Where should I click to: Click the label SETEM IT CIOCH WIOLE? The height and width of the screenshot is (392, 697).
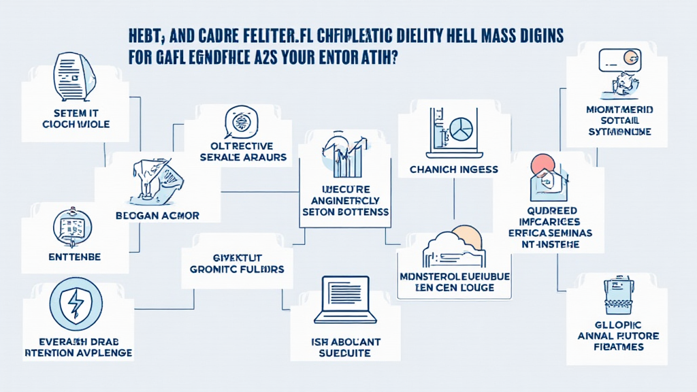click(75, 119)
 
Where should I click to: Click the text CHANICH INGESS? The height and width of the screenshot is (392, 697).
click(454, 169)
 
